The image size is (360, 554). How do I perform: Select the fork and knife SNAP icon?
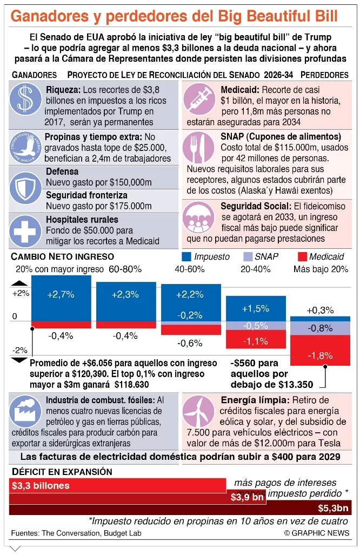(199, 148)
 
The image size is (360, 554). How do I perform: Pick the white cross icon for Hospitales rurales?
(26, 229)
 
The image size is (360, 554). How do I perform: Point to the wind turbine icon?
(199, 412)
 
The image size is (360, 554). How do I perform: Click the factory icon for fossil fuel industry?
(26, 412)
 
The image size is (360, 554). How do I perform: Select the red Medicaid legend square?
(302, 257)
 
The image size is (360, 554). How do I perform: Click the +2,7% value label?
(61, 294)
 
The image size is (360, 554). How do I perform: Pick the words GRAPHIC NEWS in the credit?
(322, 533)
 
